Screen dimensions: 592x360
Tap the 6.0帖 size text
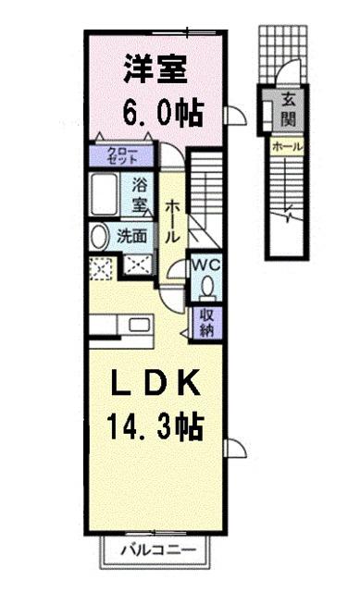click(x=158, y=114)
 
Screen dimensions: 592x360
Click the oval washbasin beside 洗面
click(x=98, y=236)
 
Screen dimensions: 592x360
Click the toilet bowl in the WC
click(x=205, y=288)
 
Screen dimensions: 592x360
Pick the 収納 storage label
click(x=205, y=323)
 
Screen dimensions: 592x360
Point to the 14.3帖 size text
click(x=155, y=427)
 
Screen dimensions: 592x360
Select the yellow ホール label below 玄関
click(x=288, y=146)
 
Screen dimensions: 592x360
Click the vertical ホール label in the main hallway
click(x=172, y=222)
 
